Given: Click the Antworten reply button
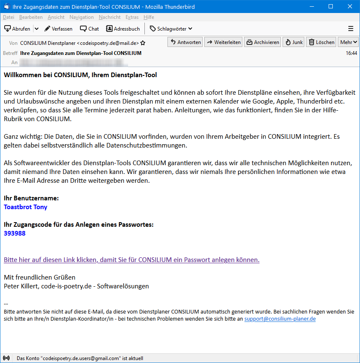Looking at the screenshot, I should click(x=185, y=42).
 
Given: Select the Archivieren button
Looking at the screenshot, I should click(x=262, y=42).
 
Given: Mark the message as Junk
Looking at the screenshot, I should click(x=293, y=42).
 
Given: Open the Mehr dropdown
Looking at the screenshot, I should click(x=349, y=42).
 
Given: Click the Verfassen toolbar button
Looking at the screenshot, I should click(x=58, y=29).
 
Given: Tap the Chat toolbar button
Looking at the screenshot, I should click(x=90, y=29).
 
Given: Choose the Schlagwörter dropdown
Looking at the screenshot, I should click(x=171, y=29).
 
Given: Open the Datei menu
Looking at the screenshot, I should click(x=8, y=17).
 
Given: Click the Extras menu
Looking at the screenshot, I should click(x=132, y=17).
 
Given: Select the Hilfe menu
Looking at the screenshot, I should click(x=149, y=17).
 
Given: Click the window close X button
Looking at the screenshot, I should click(x=350, y=7).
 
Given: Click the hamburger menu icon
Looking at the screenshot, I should click(x=351, y=29).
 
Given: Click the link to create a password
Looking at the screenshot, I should click(x=131, y=259).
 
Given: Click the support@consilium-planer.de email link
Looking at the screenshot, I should click(x=280, y=319).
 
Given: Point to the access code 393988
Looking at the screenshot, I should click(x=15, y=233).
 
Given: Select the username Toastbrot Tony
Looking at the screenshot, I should click(x=26, y=207).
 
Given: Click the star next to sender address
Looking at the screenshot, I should click(x=143, y=43).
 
